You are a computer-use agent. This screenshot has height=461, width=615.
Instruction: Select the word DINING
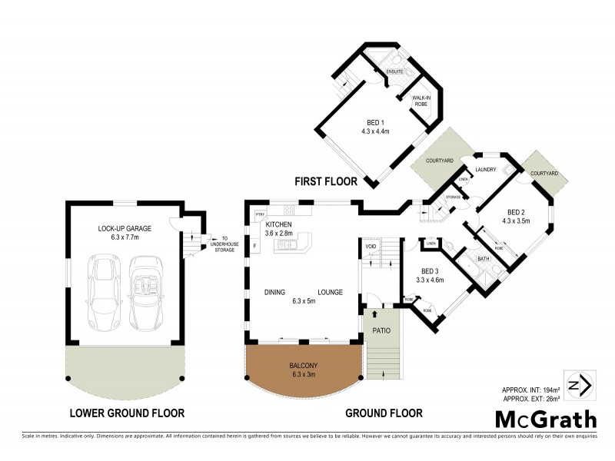click(x=276, y=292)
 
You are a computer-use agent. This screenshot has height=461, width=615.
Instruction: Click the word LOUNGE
click(x=329, y=292)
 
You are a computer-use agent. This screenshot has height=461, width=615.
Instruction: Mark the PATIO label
click(x=382, y=330)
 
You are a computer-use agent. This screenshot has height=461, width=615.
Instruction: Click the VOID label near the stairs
click(x=371, y=247)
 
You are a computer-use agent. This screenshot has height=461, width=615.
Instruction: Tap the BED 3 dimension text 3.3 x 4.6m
click(x=430, y=280)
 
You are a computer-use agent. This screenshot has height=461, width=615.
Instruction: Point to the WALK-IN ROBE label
click(x=421, y=100)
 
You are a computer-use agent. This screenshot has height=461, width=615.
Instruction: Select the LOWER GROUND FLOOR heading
click(x=127, y=413)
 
